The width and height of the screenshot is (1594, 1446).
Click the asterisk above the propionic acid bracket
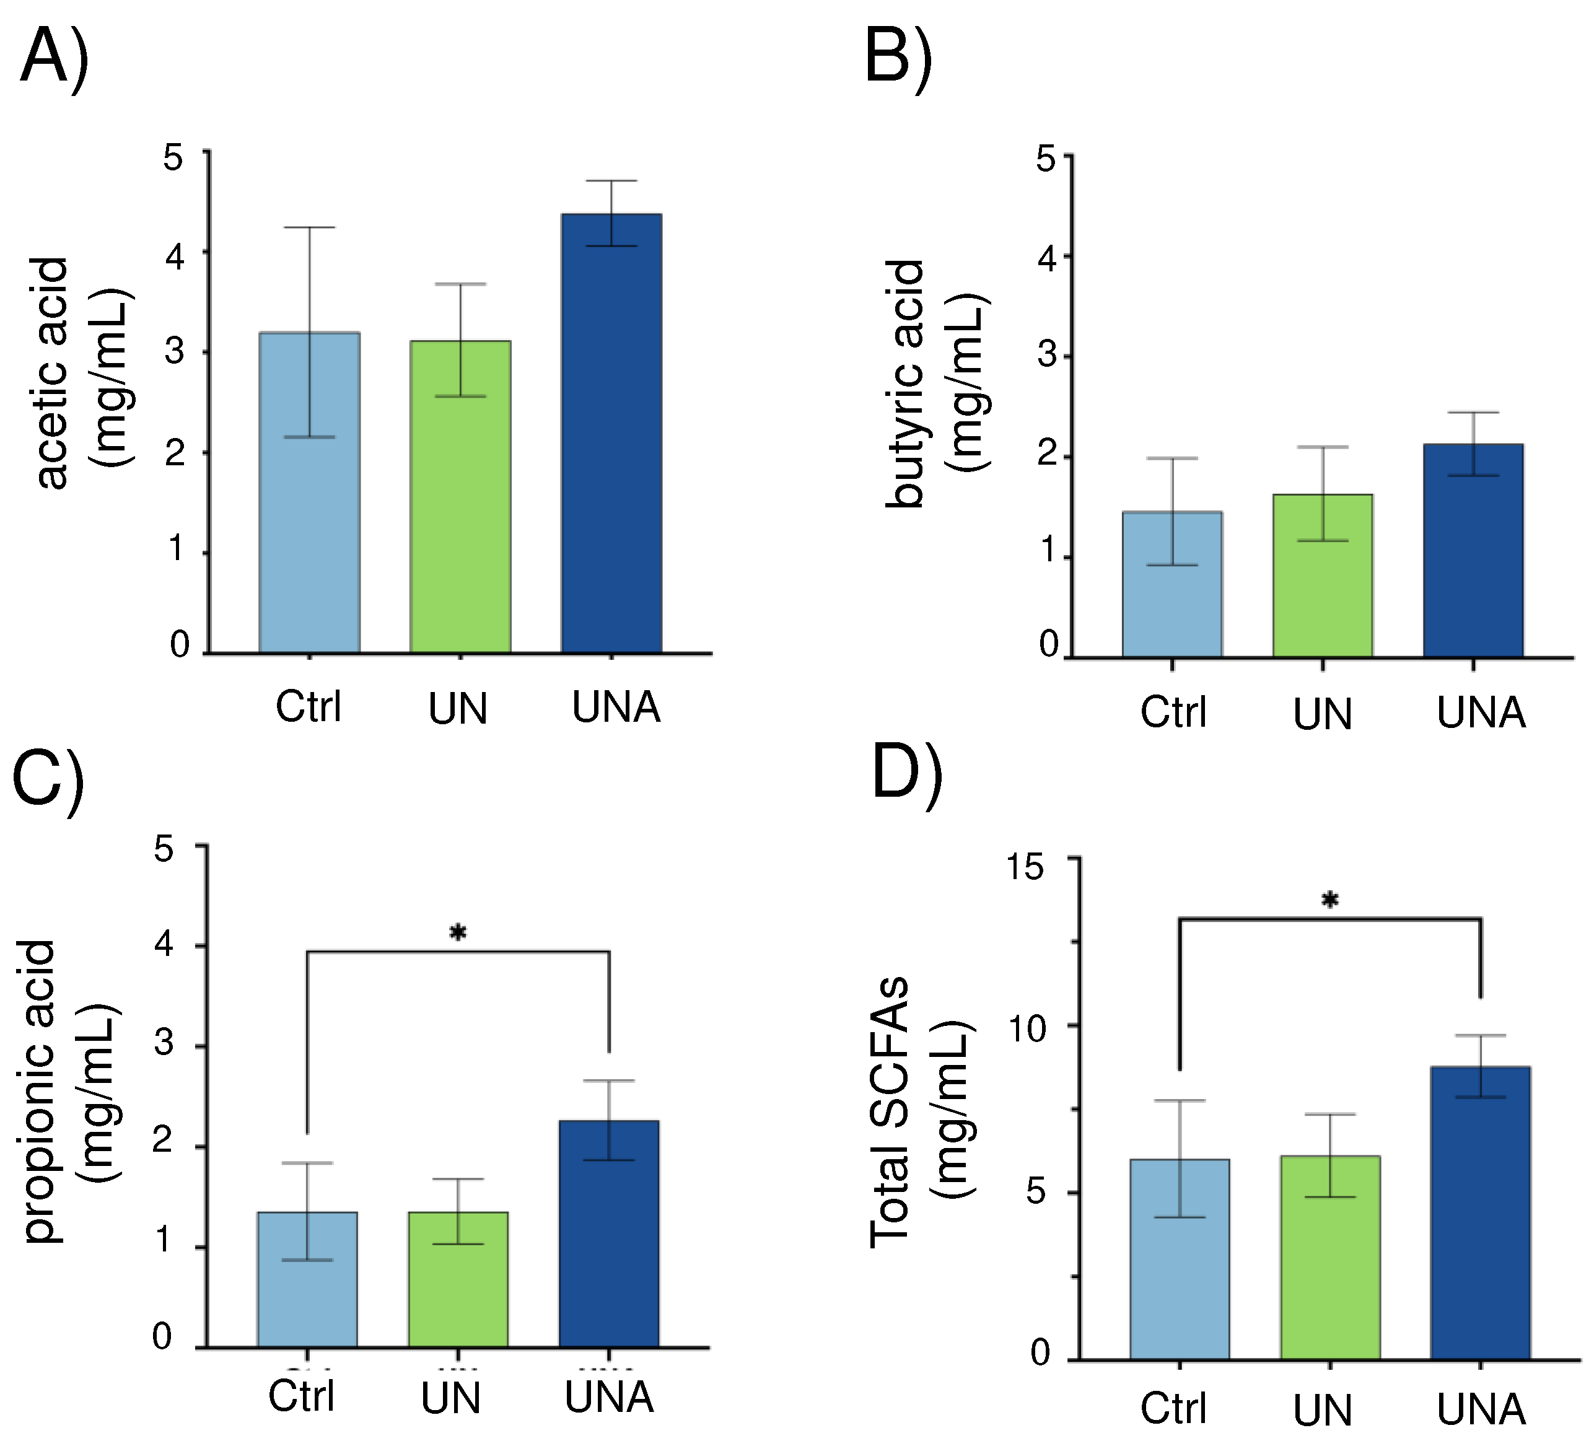coord(458,933)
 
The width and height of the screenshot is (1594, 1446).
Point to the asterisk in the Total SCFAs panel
coord(1330,900)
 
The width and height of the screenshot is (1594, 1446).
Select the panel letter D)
coord(906,773)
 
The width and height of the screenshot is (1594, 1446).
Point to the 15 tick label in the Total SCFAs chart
coord(1025,867)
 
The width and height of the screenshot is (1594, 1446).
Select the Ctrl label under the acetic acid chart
coord(309,706)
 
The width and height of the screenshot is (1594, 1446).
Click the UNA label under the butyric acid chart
coord(1480,712)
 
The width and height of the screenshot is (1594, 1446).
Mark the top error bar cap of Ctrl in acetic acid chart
coord(309,228)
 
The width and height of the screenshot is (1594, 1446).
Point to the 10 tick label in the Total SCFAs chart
coord(1027,1028)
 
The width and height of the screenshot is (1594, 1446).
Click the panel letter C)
coord(48,782)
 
